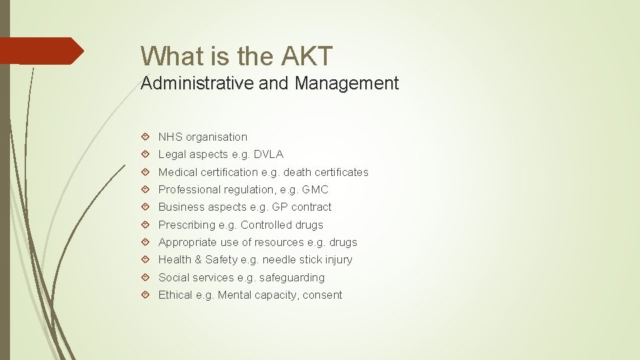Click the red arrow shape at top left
click(41, 51)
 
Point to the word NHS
click(170, 137)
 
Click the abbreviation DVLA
click(268, 154)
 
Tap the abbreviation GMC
click(315, 189)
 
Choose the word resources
click(277, 242)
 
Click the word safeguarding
click(292, 277)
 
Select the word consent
click(323, 295)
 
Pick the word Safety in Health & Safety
click(221, 259)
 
